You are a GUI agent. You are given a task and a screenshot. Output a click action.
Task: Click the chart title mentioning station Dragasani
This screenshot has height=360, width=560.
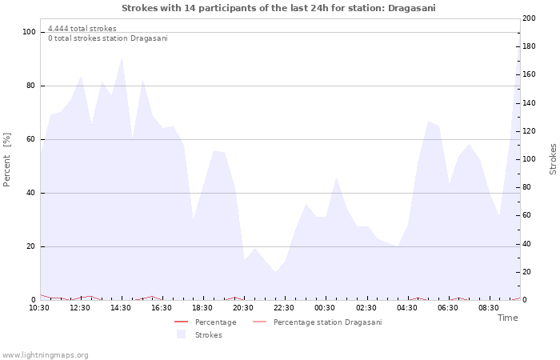278,8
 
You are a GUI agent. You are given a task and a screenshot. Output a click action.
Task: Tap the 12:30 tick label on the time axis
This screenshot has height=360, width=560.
80,308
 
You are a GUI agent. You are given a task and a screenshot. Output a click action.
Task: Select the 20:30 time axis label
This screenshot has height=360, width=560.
243,308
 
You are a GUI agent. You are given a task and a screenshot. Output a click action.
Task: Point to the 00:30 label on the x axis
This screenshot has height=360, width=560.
325,308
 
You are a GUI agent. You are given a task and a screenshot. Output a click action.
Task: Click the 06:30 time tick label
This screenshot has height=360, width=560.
447,308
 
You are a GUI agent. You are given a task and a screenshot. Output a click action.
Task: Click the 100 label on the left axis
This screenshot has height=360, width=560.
29,32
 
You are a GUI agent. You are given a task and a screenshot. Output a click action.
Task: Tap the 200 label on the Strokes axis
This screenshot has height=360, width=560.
529,18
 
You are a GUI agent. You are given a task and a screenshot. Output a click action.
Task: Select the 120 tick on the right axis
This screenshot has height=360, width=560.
529,131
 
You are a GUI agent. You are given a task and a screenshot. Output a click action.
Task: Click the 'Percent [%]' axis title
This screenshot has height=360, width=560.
6,160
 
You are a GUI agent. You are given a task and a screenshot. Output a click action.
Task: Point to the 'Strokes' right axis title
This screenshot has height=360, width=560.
553,159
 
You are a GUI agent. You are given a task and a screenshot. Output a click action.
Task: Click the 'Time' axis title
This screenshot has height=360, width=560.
507,318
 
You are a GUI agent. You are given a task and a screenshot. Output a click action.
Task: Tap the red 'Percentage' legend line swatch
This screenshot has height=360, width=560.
181,322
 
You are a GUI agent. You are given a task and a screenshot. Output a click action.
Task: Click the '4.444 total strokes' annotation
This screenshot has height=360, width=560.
82,29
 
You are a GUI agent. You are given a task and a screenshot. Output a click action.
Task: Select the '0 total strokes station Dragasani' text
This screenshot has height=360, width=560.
108,38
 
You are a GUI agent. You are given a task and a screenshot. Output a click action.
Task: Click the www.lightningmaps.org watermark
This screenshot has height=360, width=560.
44,355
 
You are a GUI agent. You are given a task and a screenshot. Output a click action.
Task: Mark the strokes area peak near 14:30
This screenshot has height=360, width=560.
122,57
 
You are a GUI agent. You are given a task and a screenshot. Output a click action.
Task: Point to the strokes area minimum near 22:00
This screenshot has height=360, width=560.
276,272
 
